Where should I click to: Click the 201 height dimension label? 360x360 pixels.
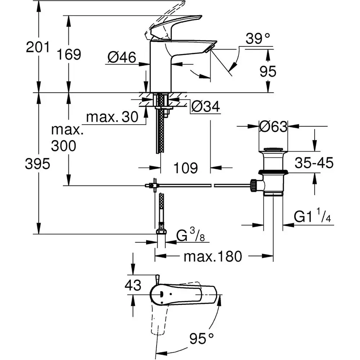(37, 47)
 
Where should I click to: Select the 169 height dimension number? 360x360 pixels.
(69, 55)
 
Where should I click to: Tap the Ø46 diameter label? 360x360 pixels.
(122, 57)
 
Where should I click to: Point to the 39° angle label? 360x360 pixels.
(257, 39)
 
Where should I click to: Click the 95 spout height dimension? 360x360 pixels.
(267, 71)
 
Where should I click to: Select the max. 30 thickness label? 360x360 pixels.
(112, 117)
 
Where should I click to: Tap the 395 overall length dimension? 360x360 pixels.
(37, 164)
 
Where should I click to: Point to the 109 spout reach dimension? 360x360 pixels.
(185, 167)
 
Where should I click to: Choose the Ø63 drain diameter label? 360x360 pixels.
(274, 126)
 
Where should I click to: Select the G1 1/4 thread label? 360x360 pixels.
(312, 217)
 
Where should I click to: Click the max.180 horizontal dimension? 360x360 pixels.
(212, 257)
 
